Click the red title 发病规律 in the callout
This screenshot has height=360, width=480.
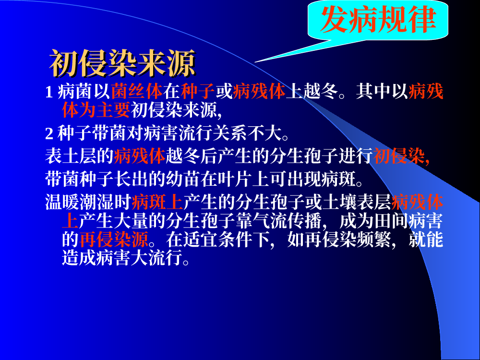378,19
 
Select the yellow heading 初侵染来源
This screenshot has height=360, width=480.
122,63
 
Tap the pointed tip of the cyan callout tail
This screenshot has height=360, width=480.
255,62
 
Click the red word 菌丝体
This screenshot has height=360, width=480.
137,91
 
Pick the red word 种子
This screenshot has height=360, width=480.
198,91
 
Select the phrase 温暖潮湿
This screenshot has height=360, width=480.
80,202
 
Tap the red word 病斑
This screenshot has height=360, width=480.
149,202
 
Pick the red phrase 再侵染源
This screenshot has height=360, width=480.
114,240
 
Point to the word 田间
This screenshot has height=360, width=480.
391,221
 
